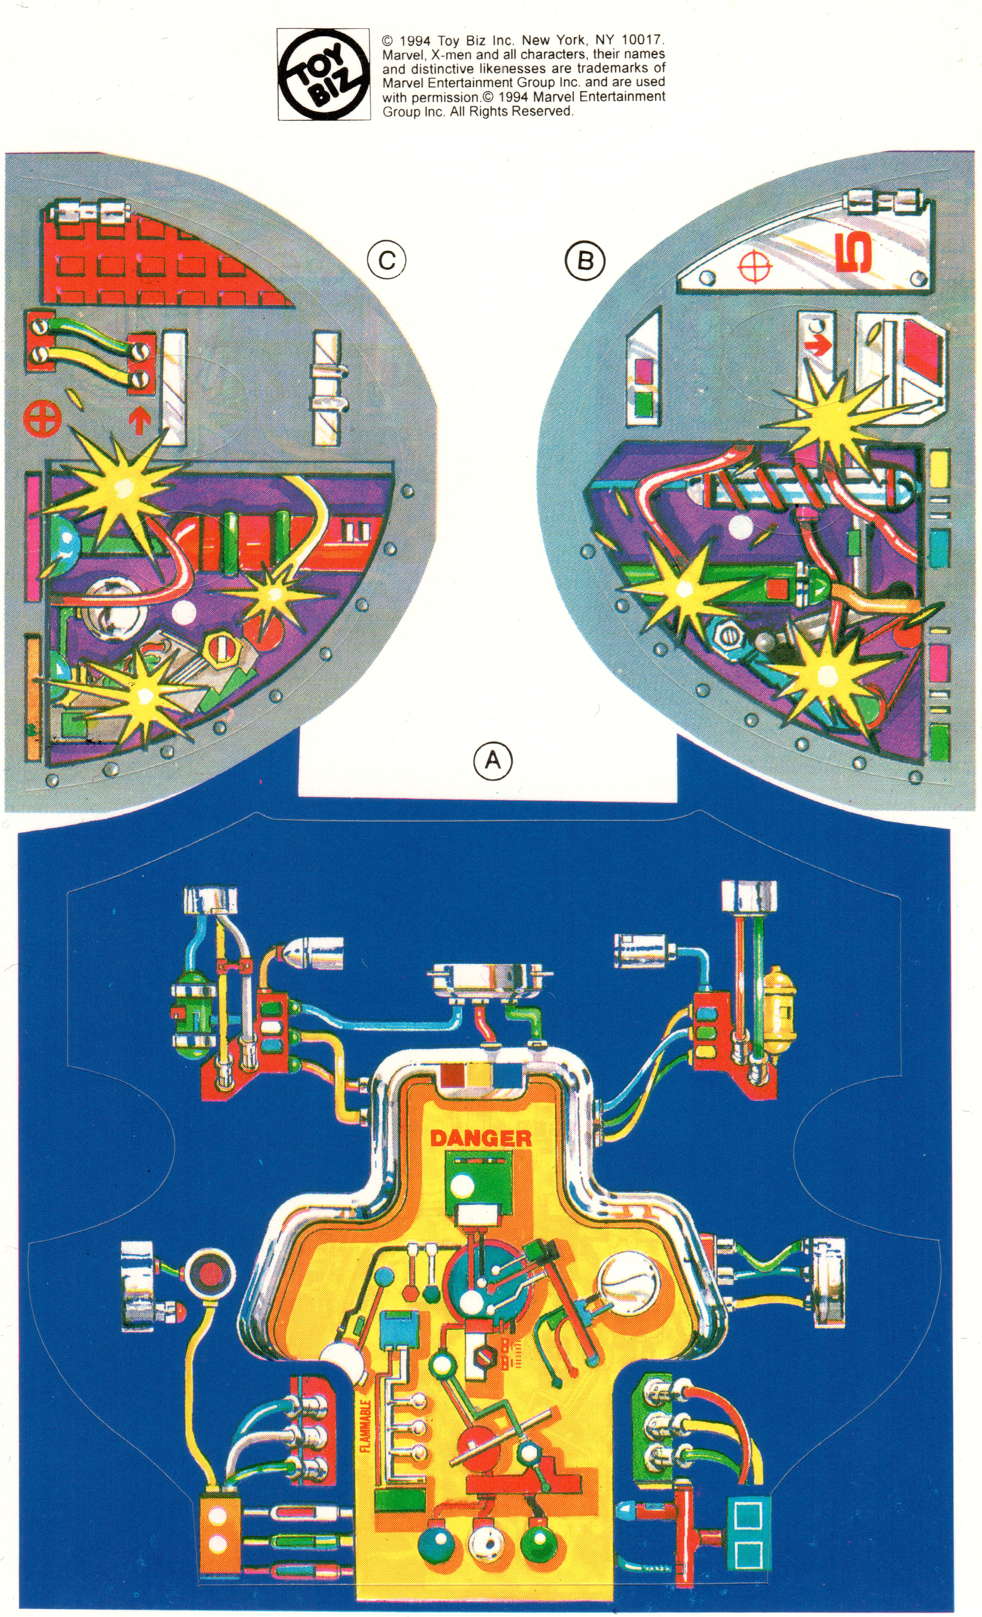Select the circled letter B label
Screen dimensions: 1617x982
pyautogui.click(x=584, y=261)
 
